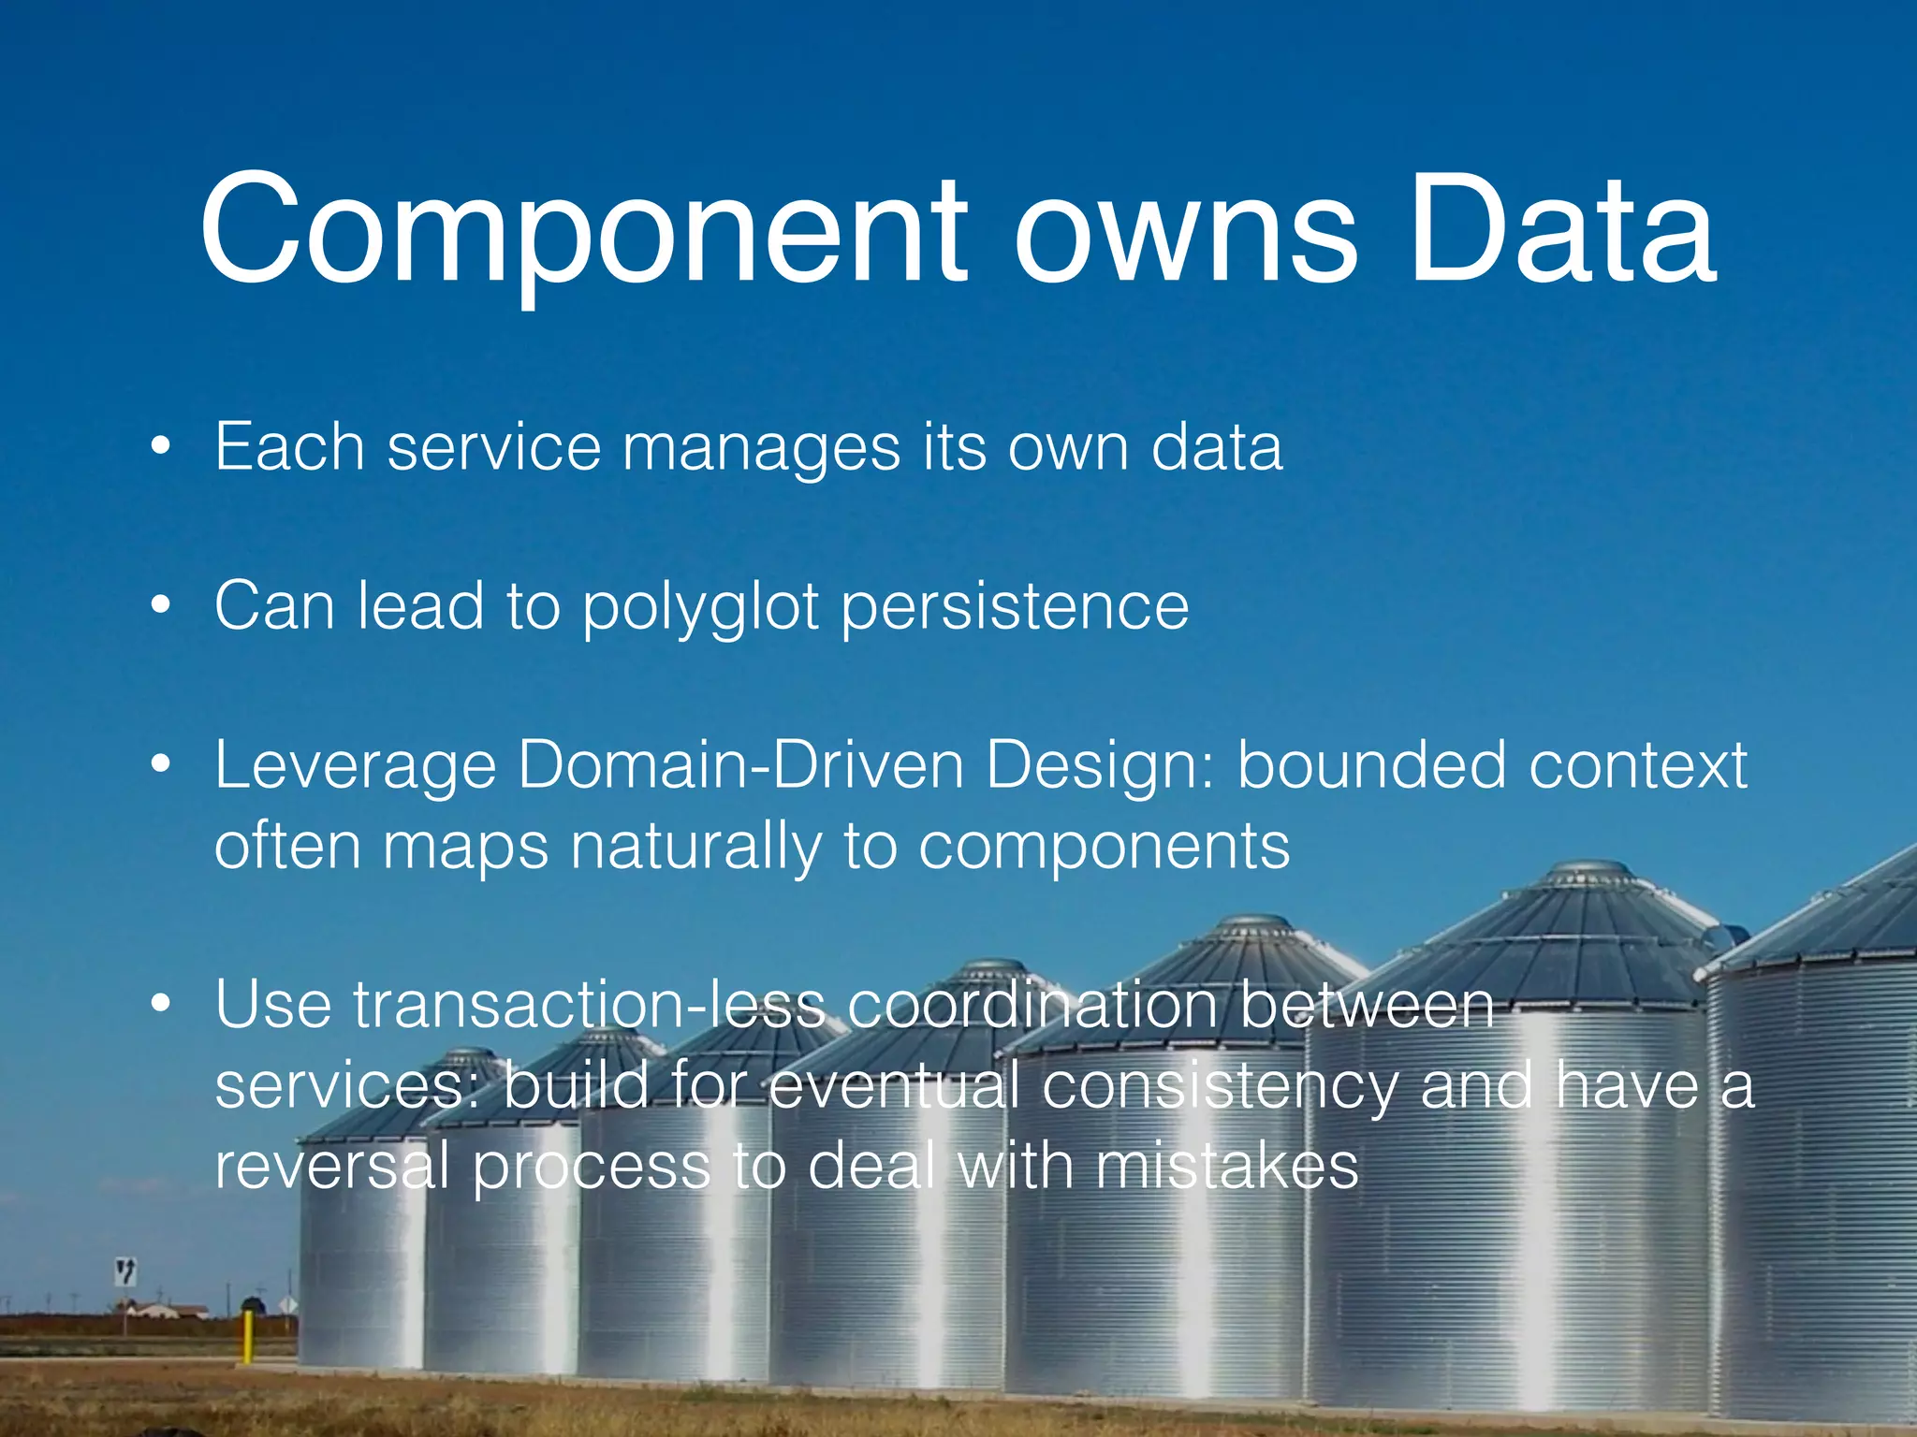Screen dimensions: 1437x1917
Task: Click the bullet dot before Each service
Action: [x=161, y=446]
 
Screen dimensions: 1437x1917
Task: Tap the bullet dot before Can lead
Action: [x=161, y=605]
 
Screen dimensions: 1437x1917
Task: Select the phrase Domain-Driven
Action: [x=740, y=766]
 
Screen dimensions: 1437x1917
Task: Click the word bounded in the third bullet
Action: [x=1372, y=766]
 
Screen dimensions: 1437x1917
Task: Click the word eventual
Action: [x=894, y=1086]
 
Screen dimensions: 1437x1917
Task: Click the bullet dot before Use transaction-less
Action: [x=161, y=1005]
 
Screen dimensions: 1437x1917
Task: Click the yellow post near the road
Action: [x=248, y=1336]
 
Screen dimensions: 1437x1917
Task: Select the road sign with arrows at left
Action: [x=125, y=1271]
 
